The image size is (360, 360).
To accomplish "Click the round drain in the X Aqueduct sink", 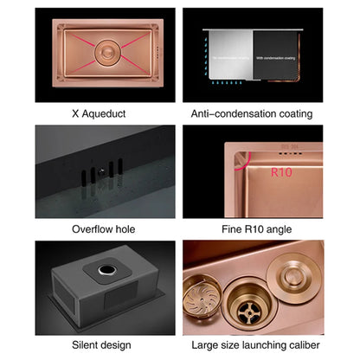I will pos(94,52).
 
